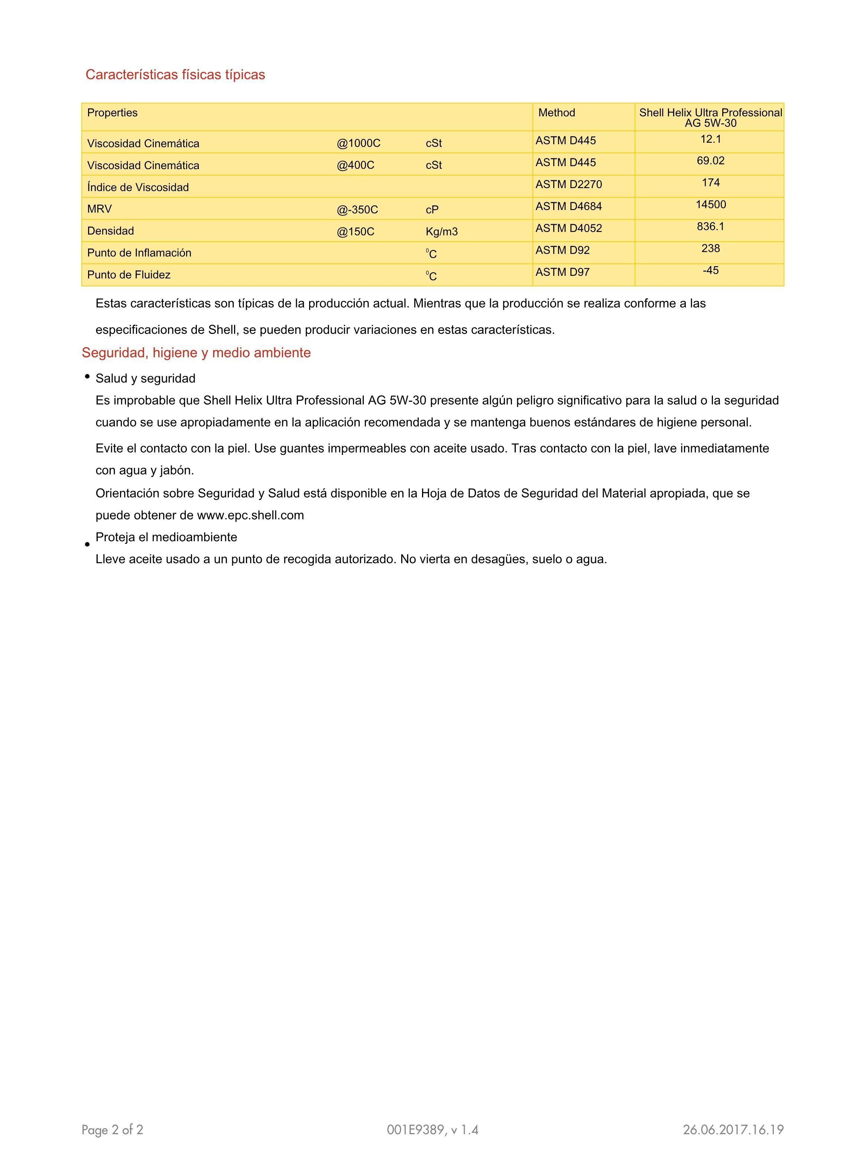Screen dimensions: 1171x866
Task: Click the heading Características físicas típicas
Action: (175, 74)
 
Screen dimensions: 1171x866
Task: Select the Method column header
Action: (556, 113)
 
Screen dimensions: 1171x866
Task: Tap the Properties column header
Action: (112, 113)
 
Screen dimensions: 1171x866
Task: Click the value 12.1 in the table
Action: (710, 139)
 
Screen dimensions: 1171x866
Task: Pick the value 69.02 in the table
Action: (710, 161)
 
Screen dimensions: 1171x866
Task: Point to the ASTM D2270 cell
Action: (568, 185)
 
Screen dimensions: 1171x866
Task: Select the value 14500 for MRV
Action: (710, 204)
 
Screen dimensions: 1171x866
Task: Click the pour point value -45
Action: (710, 271)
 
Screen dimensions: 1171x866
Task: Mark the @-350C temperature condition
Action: (357, 210)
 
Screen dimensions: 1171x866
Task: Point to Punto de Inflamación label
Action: (139, 253)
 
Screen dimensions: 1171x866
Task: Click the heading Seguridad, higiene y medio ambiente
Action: (196, 353)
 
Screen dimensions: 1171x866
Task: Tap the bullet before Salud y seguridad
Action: (87, 377)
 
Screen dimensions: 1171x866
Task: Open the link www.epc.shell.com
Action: (250, 516)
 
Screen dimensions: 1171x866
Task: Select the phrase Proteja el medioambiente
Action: (166, 537)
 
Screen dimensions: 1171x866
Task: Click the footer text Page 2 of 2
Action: (112, 1130)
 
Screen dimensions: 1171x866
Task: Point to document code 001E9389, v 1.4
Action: (432, 1130)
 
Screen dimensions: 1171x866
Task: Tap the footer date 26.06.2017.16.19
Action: (733, 1130)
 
